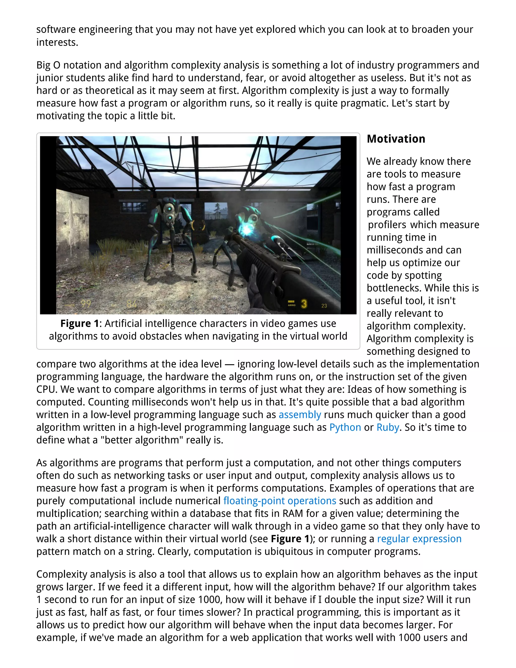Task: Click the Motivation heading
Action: click(396, 139)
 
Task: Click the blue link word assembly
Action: click(300, 415)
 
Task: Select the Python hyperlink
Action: click(345, 427)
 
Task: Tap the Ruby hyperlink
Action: click(388, 427)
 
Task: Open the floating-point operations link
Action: click(279, 501)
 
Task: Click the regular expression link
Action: click(419, 539)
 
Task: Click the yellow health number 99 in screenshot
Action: click(86, 304)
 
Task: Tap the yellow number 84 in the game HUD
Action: click(132, 304)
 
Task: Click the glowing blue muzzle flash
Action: click(246, 229)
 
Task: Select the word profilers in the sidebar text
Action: click(387, 225)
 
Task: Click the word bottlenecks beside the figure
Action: click(394, 288)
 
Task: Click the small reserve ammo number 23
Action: click(324, 306)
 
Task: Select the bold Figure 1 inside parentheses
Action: click(290, 539)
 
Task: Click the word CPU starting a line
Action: click(46, 389)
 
